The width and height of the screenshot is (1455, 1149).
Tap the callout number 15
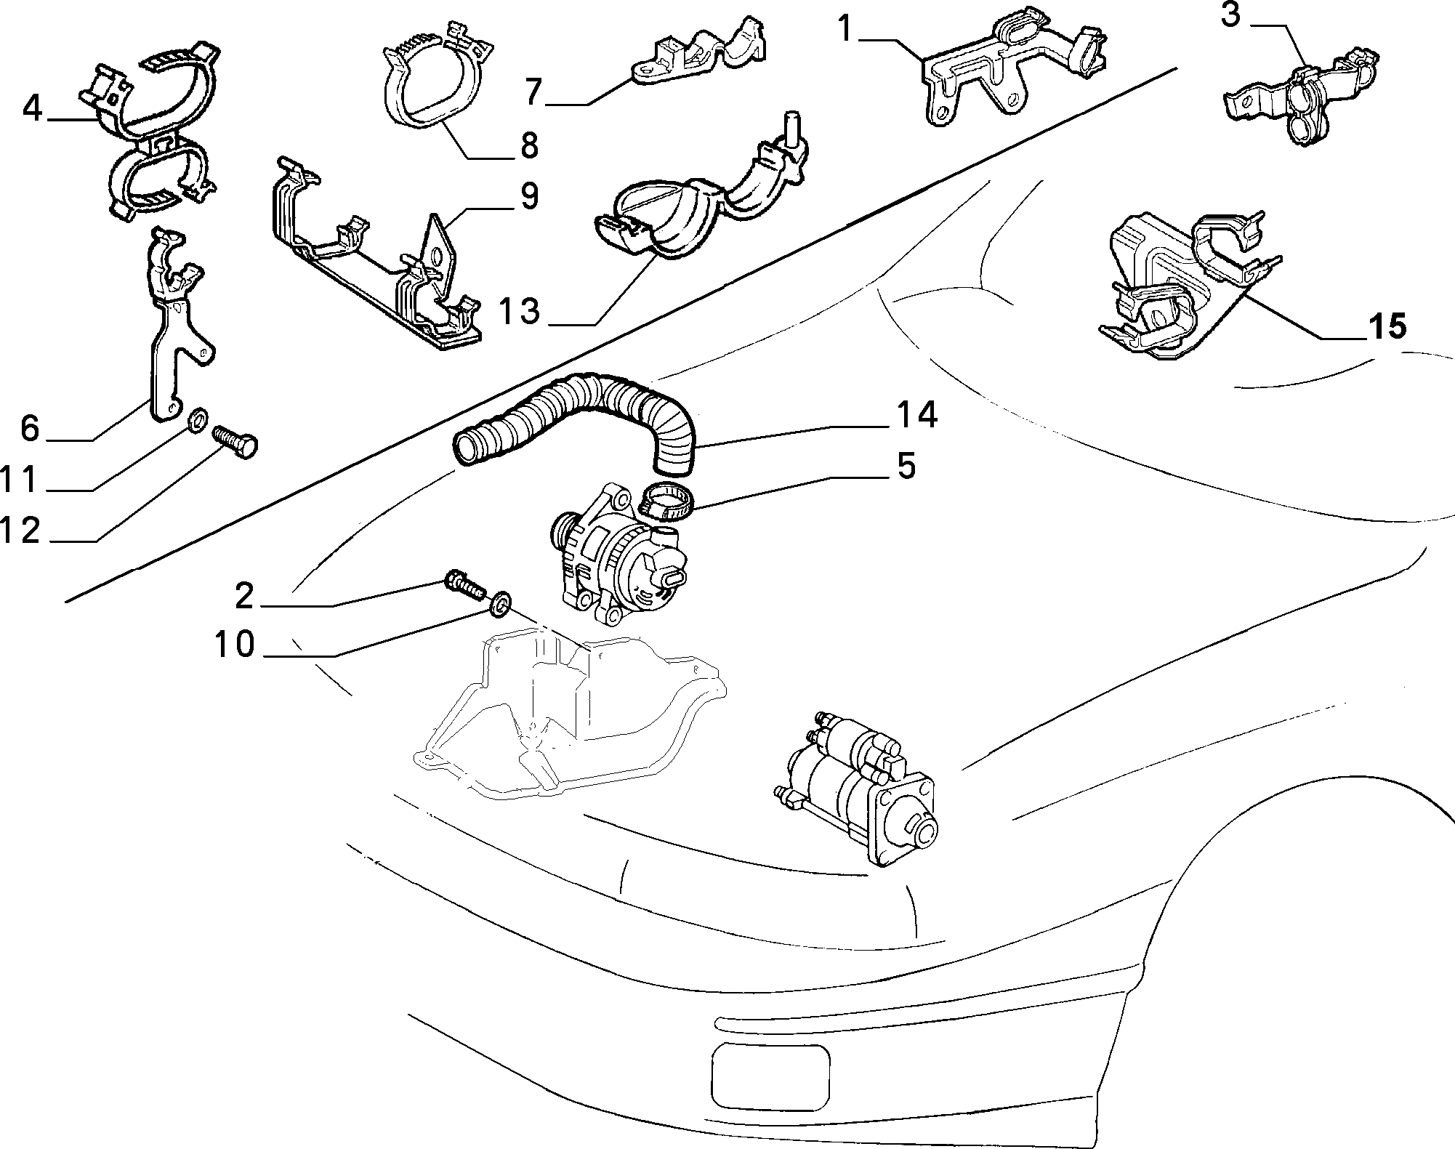coord(1387,326)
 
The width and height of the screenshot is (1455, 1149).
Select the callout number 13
coord(520,310)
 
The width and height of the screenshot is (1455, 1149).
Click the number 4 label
coord(32,109)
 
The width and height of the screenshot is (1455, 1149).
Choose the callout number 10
coord(234,643)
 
